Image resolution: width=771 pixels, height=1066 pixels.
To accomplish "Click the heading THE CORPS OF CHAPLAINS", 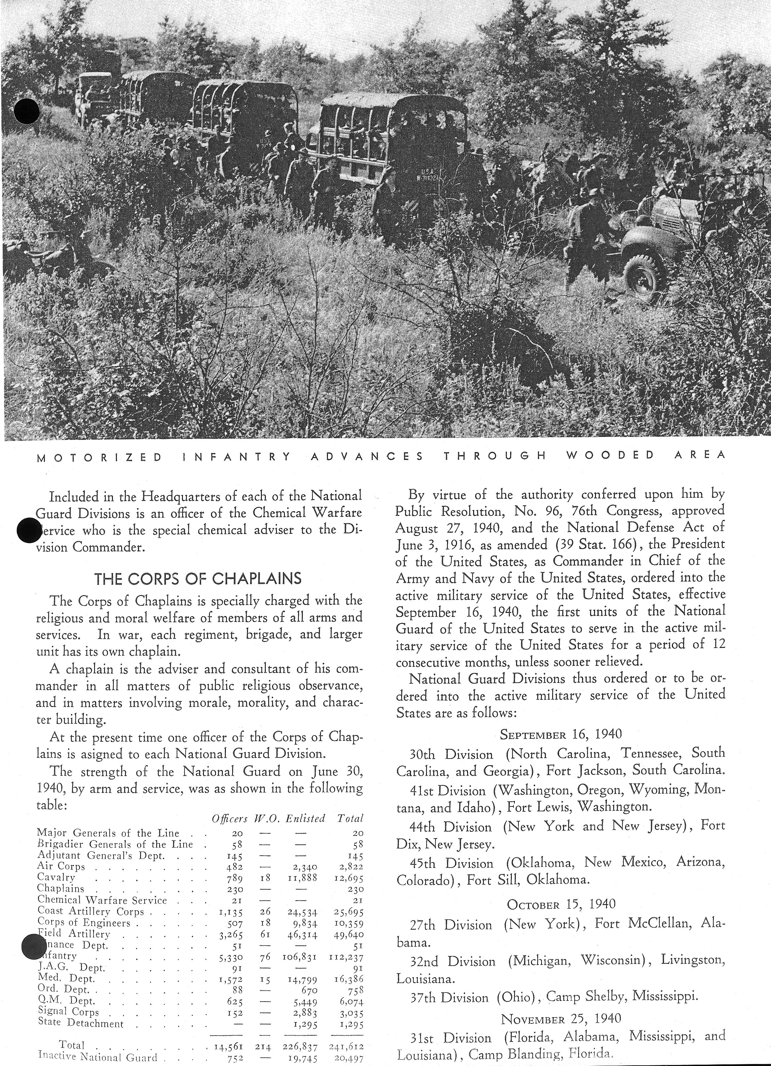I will coord(198,578).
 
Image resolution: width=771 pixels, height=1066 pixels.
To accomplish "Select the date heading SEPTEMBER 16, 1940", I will coord(561,734).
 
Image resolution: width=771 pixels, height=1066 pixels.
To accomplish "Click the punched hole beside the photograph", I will coord(27,111).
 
